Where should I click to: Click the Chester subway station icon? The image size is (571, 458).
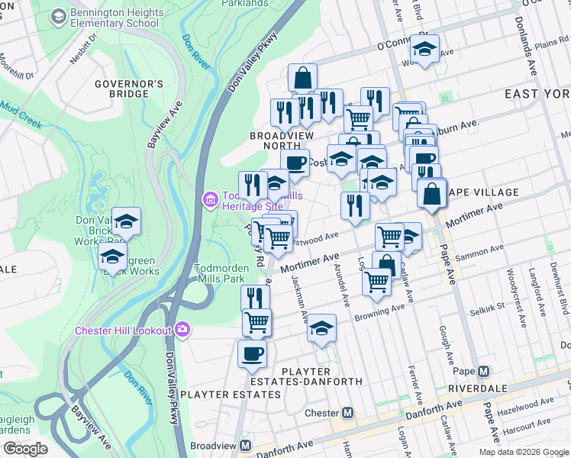click(348, 413)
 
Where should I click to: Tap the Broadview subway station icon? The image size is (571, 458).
click(246, 445)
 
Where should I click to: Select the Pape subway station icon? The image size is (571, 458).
click(482, 372)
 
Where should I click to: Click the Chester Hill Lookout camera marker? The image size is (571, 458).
click(182, 330)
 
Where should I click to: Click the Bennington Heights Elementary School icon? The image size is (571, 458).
click(57, 17)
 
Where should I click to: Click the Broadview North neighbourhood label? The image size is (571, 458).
click(282, 141)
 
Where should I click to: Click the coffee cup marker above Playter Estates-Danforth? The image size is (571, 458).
click(252, 354)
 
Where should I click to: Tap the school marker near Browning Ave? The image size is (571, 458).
click(322, 327)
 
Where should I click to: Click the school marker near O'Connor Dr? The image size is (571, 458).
click(424, 50)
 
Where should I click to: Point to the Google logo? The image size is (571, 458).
click(25, 449)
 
